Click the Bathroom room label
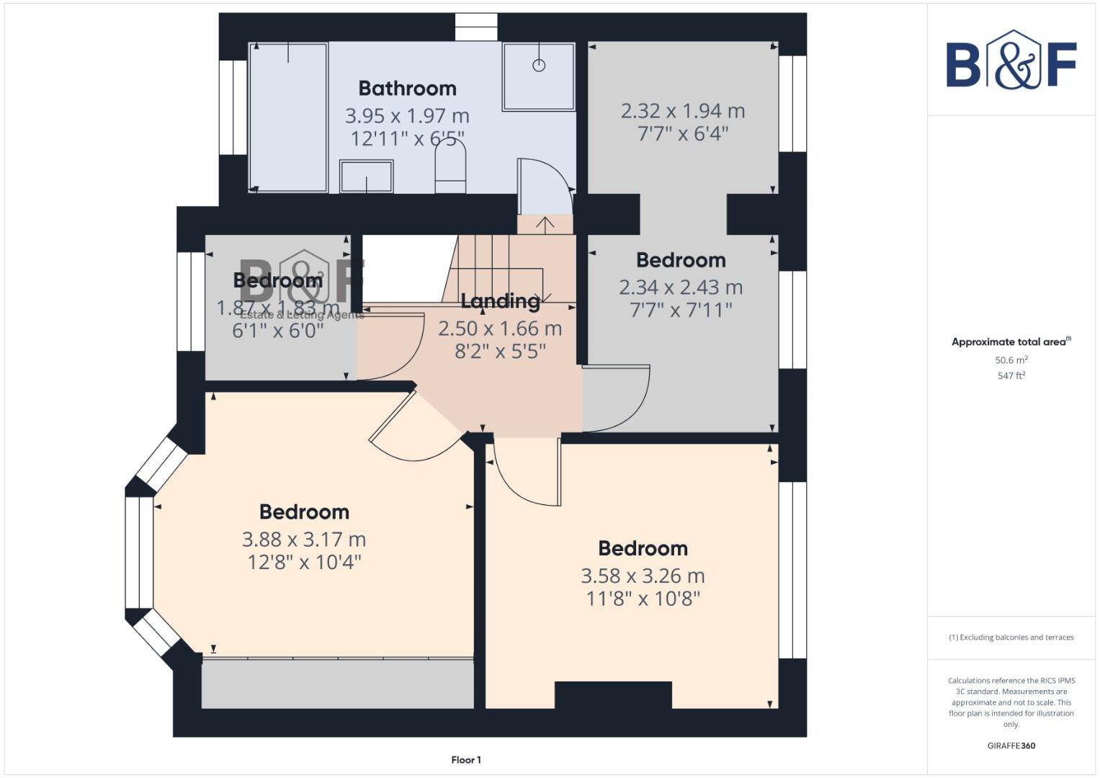(407, 88)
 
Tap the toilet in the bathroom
(450, 169)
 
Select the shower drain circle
(539, 66)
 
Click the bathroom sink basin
(367, 176)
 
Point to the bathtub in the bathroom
(288, 117)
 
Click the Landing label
(500, 300)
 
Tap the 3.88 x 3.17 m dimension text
(304, 539)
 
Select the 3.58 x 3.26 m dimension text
(643, 576)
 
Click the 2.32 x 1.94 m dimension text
(682, 111)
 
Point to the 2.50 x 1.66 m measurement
(500, 328)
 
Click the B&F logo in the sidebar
(1011, 62)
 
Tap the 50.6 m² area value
(1011, 360)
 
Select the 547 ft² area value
(1011, 376)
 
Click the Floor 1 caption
(466, 760)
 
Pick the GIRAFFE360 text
(1011, 746)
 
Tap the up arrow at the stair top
(545, 224)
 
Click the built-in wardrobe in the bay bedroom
(337, 683)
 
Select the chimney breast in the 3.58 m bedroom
(613, 695)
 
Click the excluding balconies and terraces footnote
(1011, 638)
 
